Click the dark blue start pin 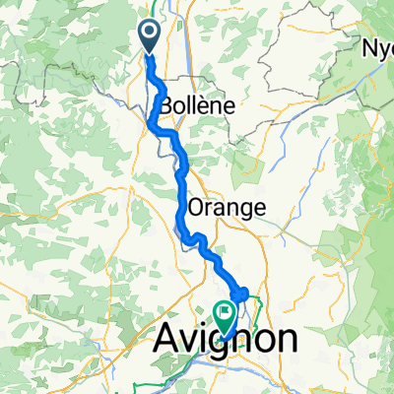151,36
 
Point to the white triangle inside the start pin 151,34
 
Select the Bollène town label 192,102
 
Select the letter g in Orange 242,210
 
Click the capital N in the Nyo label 368,48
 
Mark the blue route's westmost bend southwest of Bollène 151,124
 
